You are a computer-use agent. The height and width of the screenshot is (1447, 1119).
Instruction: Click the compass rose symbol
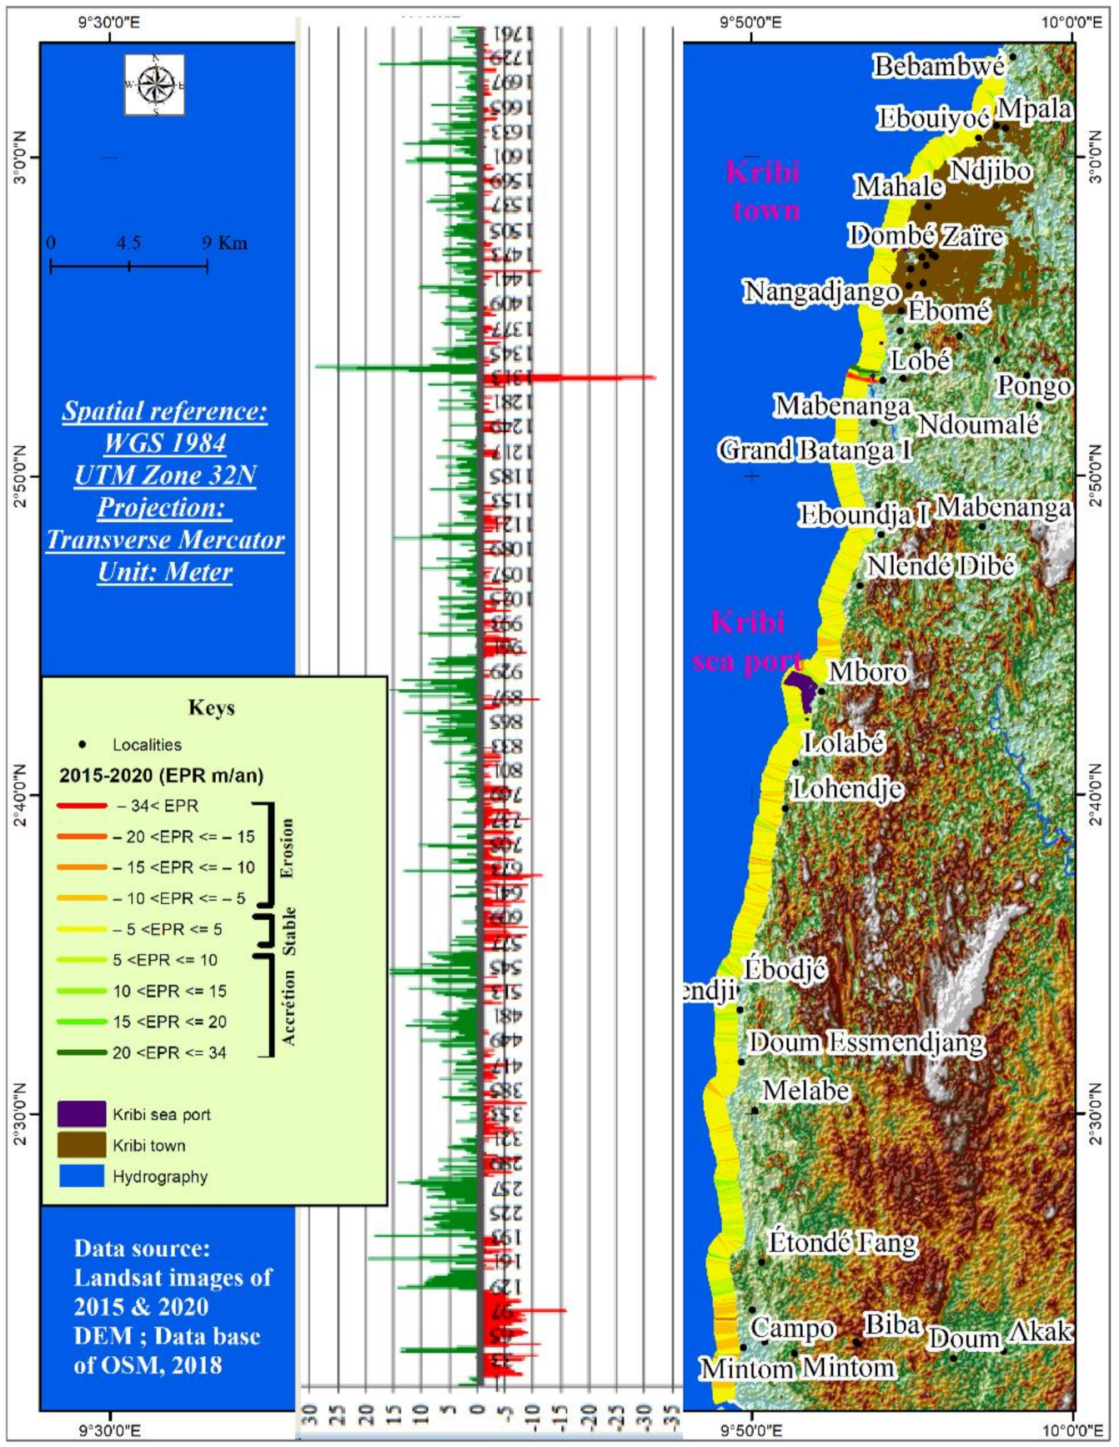click(155, 85)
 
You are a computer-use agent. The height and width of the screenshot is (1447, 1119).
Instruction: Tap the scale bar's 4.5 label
click(128, 243)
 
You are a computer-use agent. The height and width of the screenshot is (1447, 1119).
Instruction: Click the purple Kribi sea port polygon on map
click(801, 689)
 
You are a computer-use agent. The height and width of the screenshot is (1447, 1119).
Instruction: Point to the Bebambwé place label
click(938, 67)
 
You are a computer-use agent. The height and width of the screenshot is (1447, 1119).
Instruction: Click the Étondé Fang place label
click(842, 1242)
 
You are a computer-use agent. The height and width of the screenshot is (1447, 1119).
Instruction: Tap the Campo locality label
click(792, 1327)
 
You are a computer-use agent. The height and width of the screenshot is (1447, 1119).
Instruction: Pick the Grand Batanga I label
click(815, 450)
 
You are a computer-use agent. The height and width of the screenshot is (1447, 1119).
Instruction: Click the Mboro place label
click(867, 671)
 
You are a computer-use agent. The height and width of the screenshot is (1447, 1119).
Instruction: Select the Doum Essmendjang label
click(866, 1043)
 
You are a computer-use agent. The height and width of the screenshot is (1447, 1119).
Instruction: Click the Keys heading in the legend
click(212, 708)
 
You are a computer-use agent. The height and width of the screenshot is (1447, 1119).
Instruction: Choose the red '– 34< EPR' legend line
click(82, 806)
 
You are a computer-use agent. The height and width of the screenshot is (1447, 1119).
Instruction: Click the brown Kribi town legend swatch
click(82, 1145)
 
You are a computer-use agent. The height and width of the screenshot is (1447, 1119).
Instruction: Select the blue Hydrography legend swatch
click(82, 1176)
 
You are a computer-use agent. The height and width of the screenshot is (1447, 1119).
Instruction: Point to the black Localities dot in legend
click(82, 744)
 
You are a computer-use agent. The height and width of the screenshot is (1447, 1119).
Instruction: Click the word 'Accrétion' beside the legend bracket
click(289, 1007)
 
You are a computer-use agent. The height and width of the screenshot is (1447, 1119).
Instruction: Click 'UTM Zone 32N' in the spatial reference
click(165, 475)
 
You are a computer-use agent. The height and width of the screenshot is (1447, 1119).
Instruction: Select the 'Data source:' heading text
click(142, 1248)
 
